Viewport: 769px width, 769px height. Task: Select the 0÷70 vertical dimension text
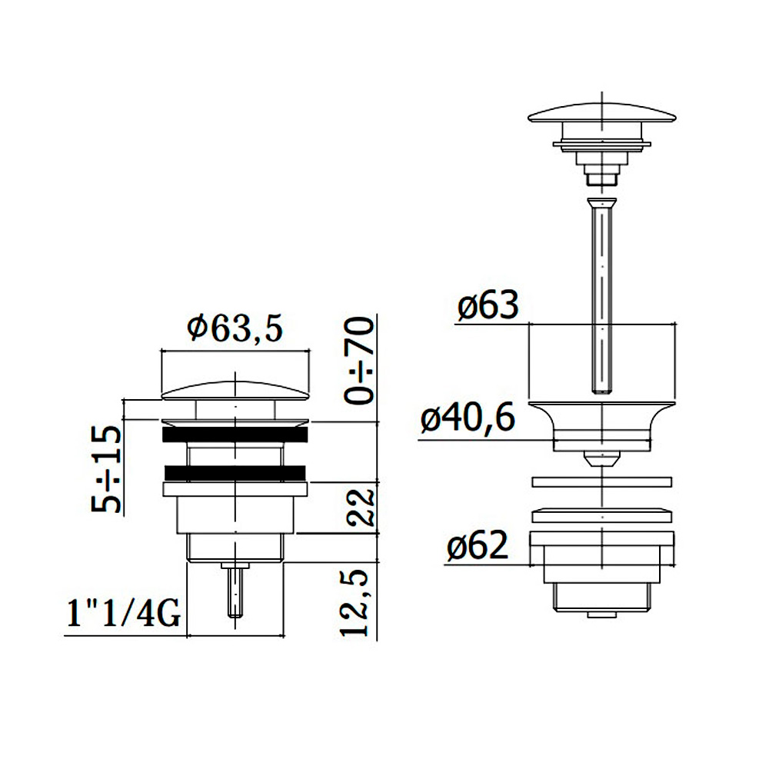coord(359,361)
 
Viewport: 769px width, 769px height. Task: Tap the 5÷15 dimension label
coord(106,469)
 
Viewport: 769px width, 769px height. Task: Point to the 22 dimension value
coord(361,507)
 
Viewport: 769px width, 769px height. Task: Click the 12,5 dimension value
coord(354,603)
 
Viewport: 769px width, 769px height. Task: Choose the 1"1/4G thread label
coord(124,614)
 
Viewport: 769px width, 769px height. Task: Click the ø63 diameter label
coord(488,305)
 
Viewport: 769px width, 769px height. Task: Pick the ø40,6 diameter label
coord(468,418)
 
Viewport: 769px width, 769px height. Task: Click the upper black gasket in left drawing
coord(235,434)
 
